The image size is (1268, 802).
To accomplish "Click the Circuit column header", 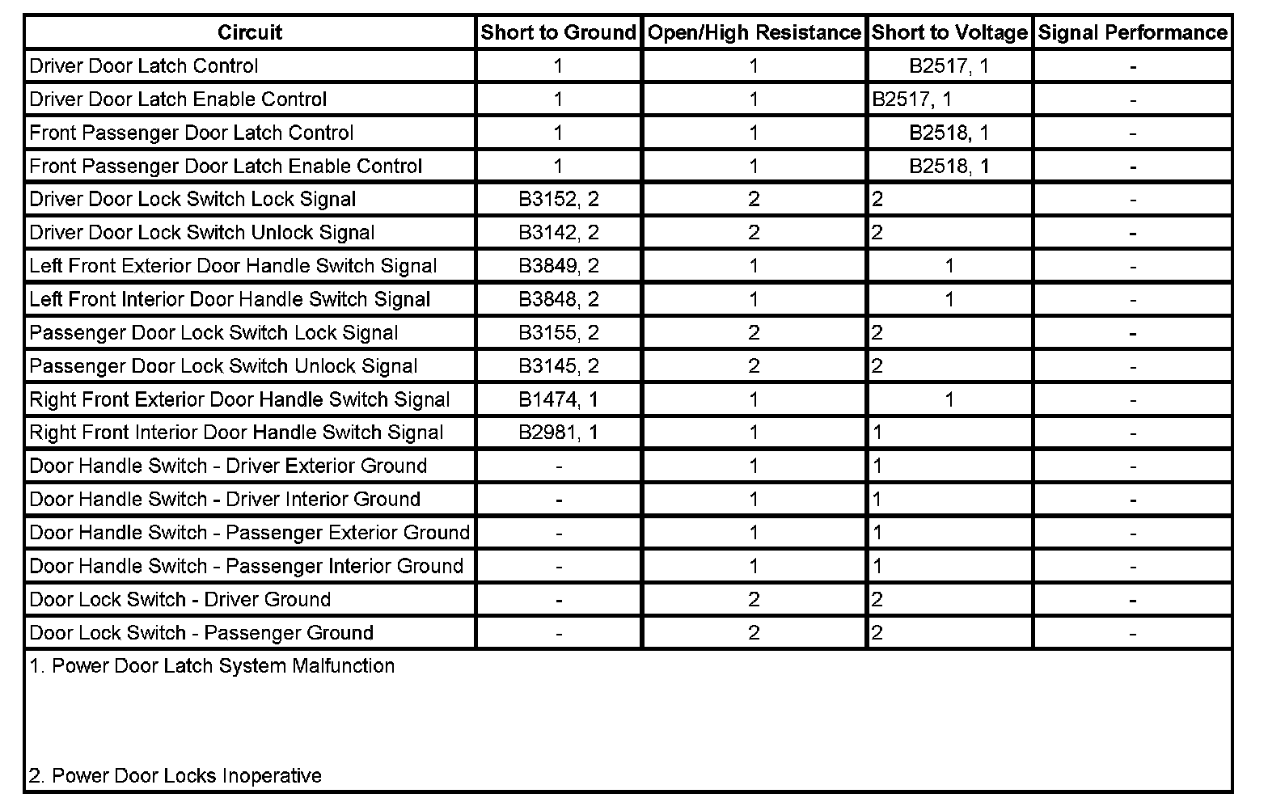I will (249, 32).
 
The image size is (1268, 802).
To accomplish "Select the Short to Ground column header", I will (558, 32).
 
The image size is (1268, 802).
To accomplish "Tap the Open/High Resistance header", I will (754, 32).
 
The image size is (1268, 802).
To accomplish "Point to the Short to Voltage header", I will (949, 32).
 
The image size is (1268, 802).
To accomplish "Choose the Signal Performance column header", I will (1132, 32).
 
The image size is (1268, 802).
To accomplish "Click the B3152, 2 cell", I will (558, 199).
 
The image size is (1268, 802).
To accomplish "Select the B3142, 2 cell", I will (558, 233).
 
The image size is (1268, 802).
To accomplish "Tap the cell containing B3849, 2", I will (558, 266).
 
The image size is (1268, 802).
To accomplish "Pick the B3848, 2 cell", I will (558, 299).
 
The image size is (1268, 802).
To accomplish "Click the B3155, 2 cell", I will (558, 332).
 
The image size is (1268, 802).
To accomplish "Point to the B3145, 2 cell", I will (558, 366).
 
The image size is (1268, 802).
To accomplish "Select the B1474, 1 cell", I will (558, 399).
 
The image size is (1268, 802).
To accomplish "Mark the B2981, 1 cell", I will (558, 433).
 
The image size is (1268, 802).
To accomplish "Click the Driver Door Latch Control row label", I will (144, 65).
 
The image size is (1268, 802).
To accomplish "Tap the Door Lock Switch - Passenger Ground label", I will (201, 633).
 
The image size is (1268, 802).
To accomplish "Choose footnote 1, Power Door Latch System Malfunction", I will (212, 666).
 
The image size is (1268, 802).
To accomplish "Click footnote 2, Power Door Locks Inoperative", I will (175, 776).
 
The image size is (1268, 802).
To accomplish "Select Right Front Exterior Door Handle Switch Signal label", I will (239, 399).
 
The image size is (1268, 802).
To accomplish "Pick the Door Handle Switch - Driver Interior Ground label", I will (225, 499).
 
